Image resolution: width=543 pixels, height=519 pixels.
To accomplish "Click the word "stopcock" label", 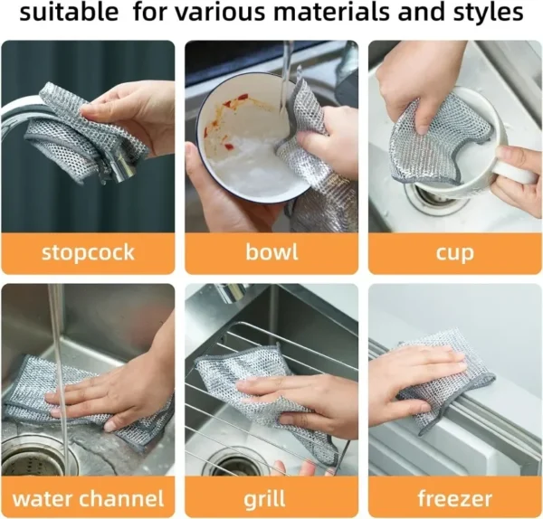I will (87, 251).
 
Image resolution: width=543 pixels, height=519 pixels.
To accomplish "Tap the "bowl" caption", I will (271, 251).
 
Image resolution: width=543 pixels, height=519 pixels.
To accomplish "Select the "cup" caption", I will (454, 251).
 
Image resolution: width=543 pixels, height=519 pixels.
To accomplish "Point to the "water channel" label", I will (88, 497).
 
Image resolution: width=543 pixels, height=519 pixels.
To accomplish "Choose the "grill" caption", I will (271, 497).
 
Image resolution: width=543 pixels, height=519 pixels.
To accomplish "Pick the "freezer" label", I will (454, 497).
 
